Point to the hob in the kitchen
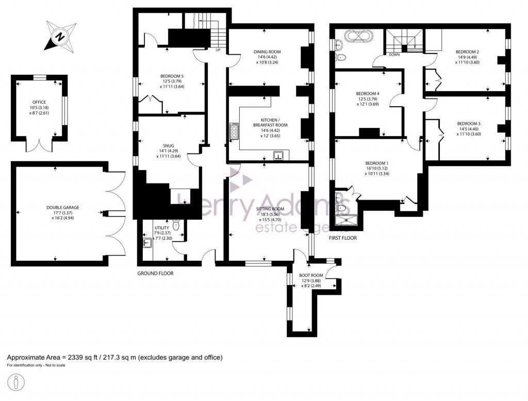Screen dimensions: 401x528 (x=235, y=131)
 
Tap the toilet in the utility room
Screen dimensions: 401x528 (x=176, y=225)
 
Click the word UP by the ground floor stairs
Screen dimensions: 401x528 (x=218, y=50)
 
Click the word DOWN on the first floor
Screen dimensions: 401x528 (x=394, y=54)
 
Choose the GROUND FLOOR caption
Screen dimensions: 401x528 (x=155, y=273)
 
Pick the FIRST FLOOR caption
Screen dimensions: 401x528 (x=343, y=238)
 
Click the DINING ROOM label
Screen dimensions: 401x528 (x=267, y=52)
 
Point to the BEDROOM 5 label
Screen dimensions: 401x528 (x=172, y=76)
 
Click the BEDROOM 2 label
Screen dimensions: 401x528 (x=467, y=52)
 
